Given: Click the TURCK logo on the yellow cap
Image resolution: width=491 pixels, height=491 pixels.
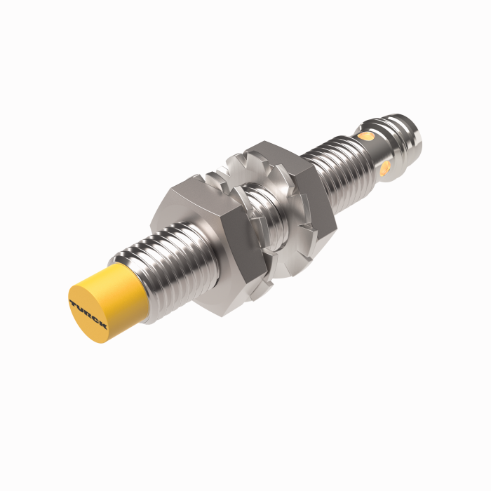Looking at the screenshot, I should coord(88,314).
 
